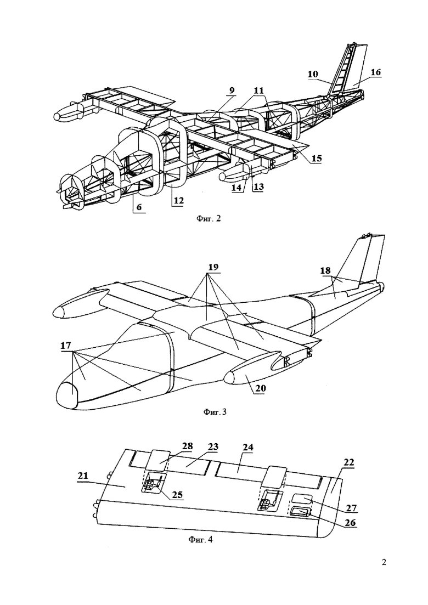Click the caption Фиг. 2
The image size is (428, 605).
[x=209, y=219]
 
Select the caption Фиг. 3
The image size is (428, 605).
[x=214, y=412]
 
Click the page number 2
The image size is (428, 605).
[x=385, y=562]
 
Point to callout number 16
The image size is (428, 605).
[x=376, y=72]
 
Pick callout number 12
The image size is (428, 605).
[x=178, y=201]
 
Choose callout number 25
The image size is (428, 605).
[x=177, y=495]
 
